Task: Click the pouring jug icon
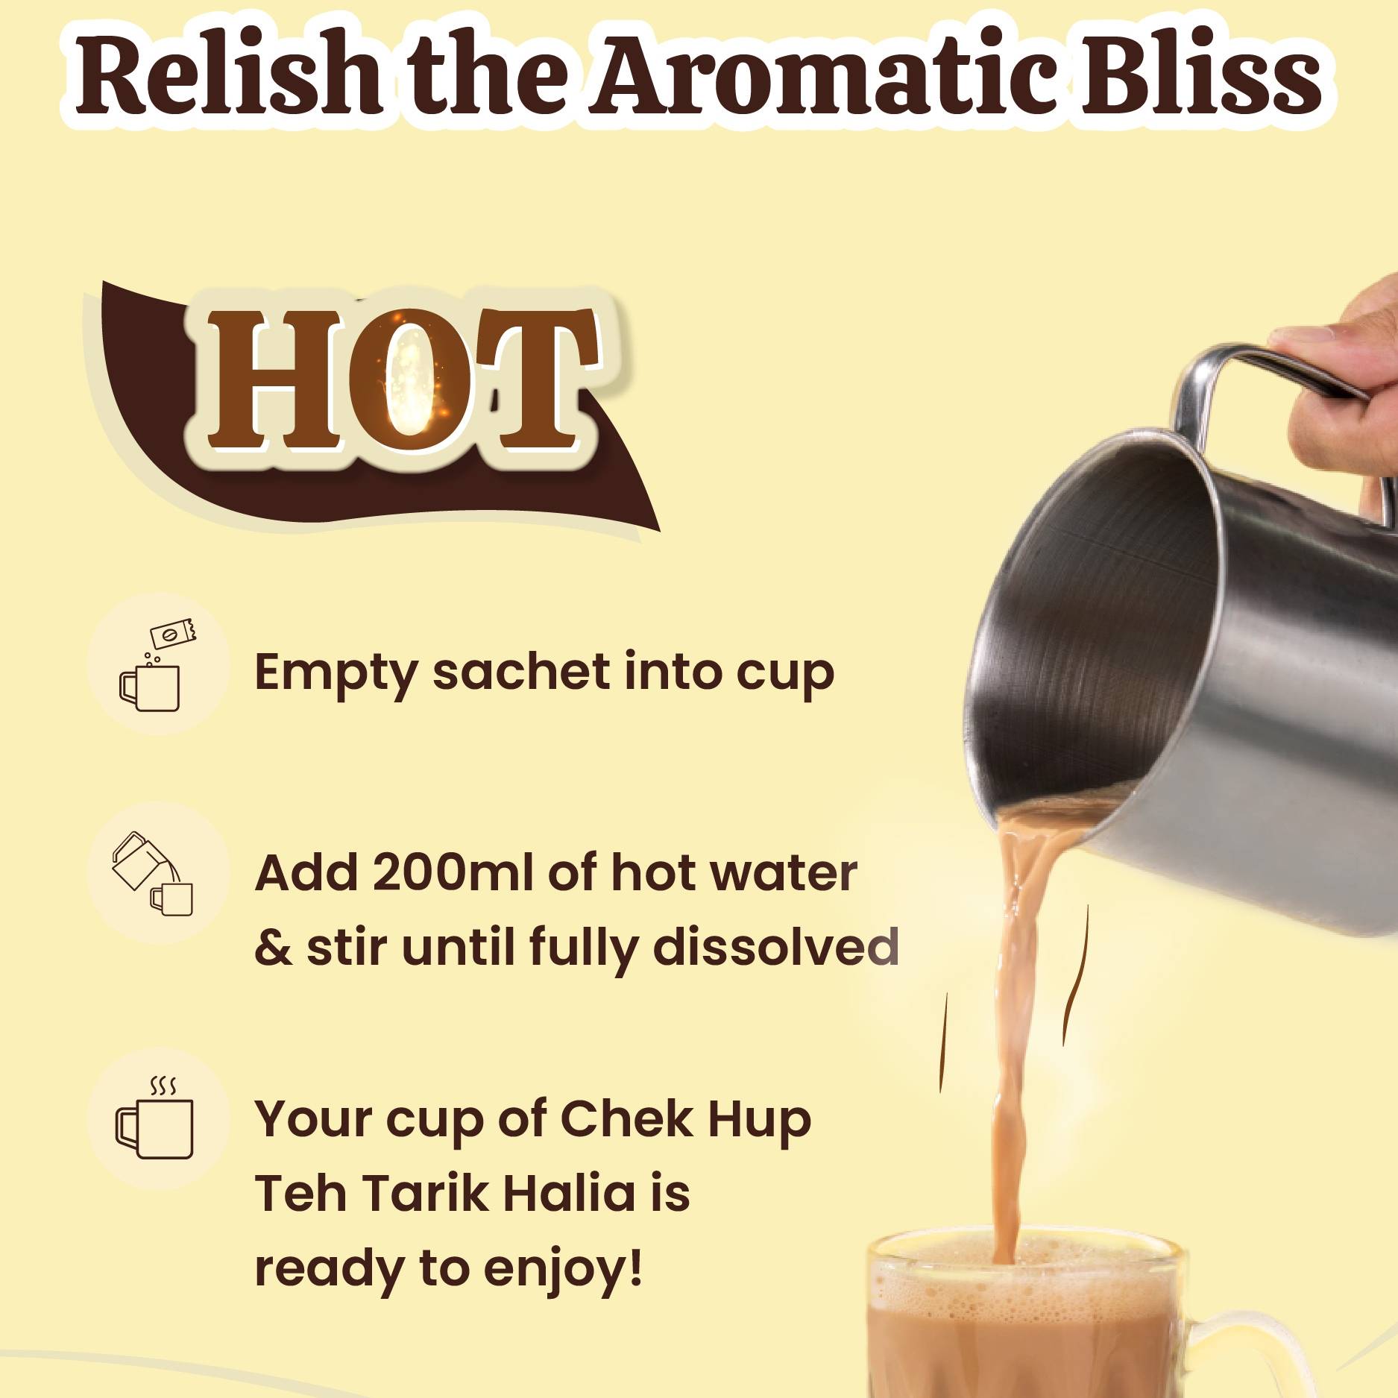(x=153, y=872)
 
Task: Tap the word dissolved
(x=775, y=947)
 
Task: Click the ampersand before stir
(x=274, y=948)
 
